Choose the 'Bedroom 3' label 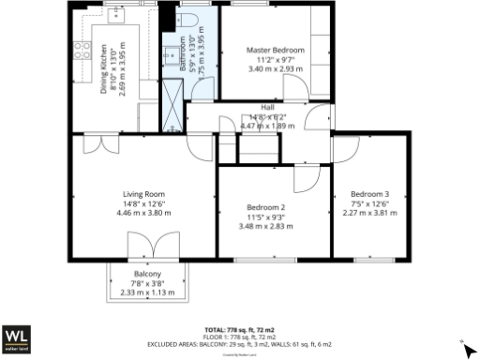pyautogui.click(x=372, y=193)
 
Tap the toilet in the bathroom pyautogui.click(x=184, y=22)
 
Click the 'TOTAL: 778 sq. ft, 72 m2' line pyautogui.click(x=239, y=330)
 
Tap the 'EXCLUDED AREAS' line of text pyautogui.click(x=239, y=344)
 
